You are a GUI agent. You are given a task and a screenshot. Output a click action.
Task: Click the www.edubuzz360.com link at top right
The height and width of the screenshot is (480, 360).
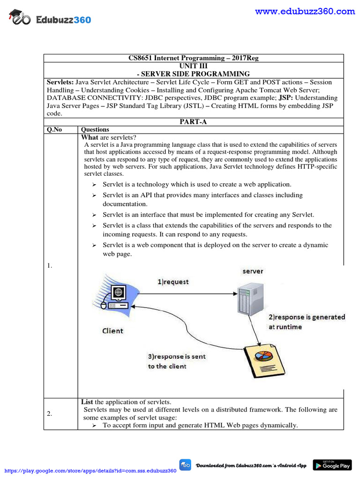305,12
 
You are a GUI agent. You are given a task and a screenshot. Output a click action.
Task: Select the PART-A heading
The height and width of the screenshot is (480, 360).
193,122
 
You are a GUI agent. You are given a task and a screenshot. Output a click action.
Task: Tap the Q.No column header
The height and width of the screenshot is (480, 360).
54,129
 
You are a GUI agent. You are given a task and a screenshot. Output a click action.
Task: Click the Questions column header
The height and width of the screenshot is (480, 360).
95,129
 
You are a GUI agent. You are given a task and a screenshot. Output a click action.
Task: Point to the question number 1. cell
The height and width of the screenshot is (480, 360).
49,266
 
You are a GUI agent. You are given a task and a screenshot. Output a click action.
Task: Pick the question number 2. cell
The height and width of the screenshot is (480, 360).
49,413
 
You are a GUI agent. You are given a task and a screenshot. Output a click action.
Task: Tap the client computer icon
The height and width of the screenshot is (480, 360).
115,297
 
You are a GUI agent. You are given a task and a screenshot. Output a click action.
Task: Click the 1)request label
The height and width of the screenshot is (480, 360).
172,282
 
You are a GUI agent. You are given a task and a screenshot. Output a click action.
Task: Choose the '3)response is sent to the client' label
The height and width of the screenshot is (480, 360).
176,361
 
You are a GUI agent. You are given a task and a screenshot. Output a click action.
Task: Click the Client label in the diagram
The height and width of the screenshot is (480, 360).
112,330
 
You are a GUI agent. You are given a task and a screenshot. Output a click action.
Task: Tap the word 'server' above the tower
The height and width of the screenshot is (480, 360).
253,271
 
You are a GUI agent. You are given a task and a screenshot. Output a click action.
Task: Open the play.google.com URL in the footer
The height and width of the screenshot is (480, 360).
90,471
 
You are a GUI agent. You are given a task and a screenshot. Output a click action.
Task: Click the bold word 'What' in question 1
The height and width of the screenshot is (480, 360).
90,137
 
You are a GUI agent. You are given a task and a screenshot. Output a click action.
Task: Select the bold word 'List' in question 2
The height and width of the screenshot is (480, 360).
87,402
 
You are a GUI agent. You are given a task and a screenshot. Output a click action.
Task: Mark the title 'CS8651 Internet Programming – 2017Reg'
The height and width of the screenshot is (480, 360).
193,58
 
